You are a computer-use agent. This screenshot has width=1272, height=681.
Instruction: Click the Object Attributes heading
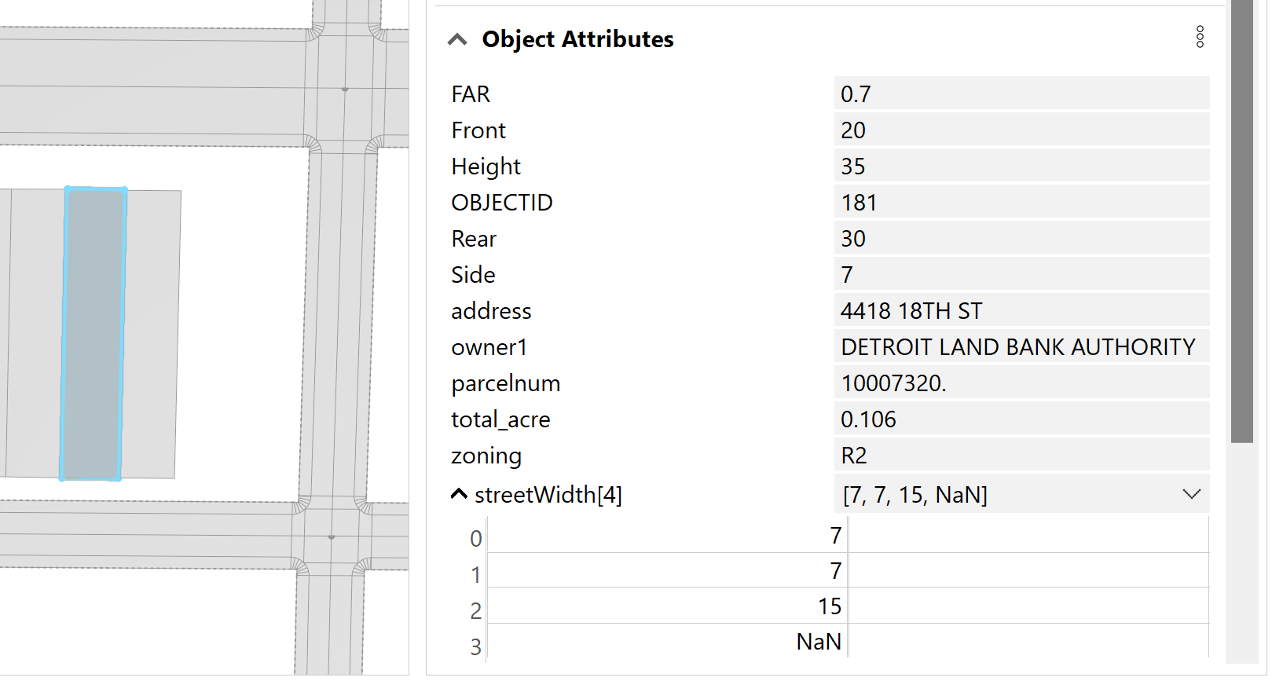pyautogui.click(x=577, y=39)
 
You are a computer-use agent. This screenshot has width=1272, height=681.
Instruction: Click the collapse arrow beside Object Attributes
pyautogui.click(x=457, y=39)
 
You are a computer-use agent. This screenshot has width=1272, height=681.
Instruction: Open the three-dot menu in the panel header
pyautogui.click(x=1200, y=37)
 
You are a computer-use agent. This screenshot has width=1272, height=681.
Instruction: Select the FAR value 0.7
pyautogui.click(x=856, y=94)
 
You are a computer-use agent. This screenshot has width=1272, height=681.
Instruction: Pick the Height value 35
pyautogui.click(x=852, y=167)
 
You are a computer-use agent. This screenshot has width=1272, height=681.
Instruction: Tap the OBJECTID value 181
pyautogui.click(x=859, y=203)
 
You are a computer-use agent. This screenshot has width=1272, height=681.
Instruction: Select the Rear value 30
pyautogui.click(x=853, y=239)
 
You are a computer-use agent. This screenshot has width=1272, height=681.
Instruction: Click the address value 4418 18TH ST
pyautogui.click(x=911, y=311)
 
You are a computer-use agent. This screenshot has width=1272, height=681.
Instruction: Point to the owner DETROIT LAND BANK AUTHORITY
pyautogui.click(x=1017, y=347)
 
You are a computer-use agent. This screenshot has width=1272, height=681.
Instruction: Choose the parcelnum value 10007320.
pyautogui.click(x=893, y=383)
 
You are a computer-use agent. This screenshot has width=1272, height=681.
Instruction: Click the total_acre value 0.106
pyautogui.click(x=868, y=419)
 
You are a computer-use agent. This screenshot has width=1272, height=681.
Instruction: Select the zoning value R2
pyautogui.click(x=854, y=456)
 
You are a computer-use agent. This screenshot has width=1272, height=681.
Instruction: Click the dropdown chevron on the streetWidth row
pyautogui.click(x=1191, y=494)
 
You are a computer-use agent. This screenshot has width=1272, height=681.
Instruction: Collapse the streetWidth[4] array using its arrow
pyautogui.click(x=459, y=494)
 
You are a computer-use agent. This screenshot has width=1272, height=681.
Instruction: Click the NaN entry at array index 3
pyautogui.click(x=819, y=642)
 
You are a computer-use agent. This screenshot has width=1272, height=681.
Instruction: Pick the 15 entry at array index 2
pyautogui.click(x=829, y=606)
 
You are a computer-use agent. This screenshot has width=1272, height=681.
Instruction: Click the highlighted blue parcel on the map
pyautogui.click(x=93, y=334)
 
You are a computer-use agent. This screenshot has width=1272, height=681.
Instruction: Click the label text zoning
pyautogui.click(x=486, y=456)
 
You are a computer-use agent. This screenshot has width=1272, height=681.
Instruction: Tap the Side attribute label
pyautogui.click(x=473, y=275)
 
